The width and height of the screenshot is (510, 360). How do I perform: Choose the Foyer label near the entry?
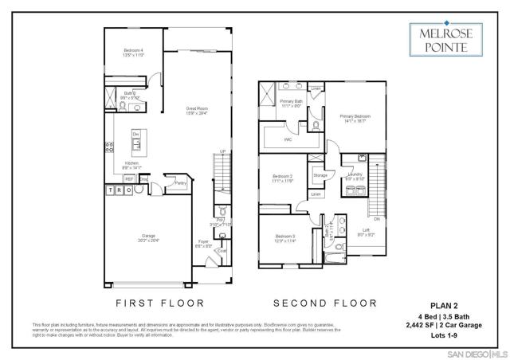(204, 243)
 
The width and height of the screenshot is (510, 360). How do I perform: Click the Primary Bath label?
(291, 102)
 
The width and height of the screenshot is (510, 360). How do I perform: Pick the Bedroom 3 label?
(285, 237)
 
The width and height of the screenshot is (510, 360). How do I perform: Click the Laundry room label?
(355, 174)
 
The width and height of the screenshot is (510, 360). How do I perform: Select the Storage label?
(320, 174)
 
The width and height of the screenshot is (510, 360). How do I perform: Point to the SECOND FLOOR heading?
(324, 303)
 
